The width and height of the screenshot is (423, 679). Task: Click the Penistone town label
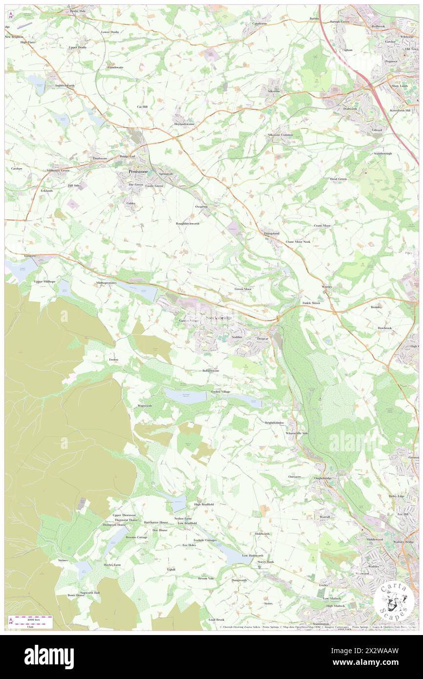[x=135, y=172]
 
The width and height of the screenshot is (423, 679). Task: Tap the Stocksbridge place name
[x=218, y=318]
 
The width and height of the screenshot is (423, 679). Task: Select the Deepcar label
[x=263, y=338]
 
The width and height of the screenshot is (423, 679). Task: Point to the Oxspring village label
[x=201, y=207]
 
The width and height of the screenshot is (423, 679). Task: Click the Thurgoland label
[x=272, y=233]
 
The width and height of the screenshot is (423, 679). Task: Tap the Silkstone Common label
[x=280, y=135]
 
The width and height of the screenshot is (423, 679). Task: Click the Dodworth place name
[x=350, y=108]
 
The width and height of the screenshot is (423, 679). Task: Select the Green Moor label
[x=243, y=289]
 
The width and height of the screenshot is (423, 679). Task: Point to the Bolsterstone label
[x=211, y=371]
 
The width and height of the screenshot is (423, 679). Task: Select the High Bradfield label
[x=204, y=504]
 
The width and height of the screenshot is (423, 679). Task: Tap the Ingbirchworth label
[x=65, y=85]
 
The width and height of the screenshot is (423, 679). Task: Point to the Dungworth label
[x=239, y=580]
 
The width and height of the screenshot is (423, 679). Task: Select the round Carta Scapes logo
[x=395, y=600]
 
